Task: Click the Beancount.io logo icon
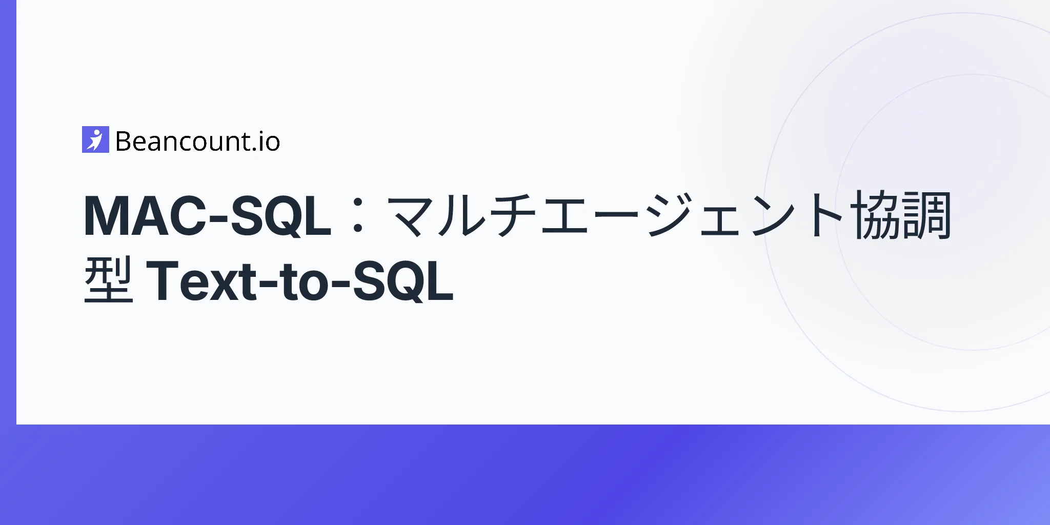coord(95,139)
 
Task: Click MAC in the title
coord(142,215)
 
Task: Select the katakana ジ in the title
coord(669,215)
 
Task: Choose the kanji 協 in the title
coord(876,215)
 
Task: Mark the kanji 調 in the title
coord(926,215)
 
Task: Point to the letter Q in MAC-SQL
coord(279,216)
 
